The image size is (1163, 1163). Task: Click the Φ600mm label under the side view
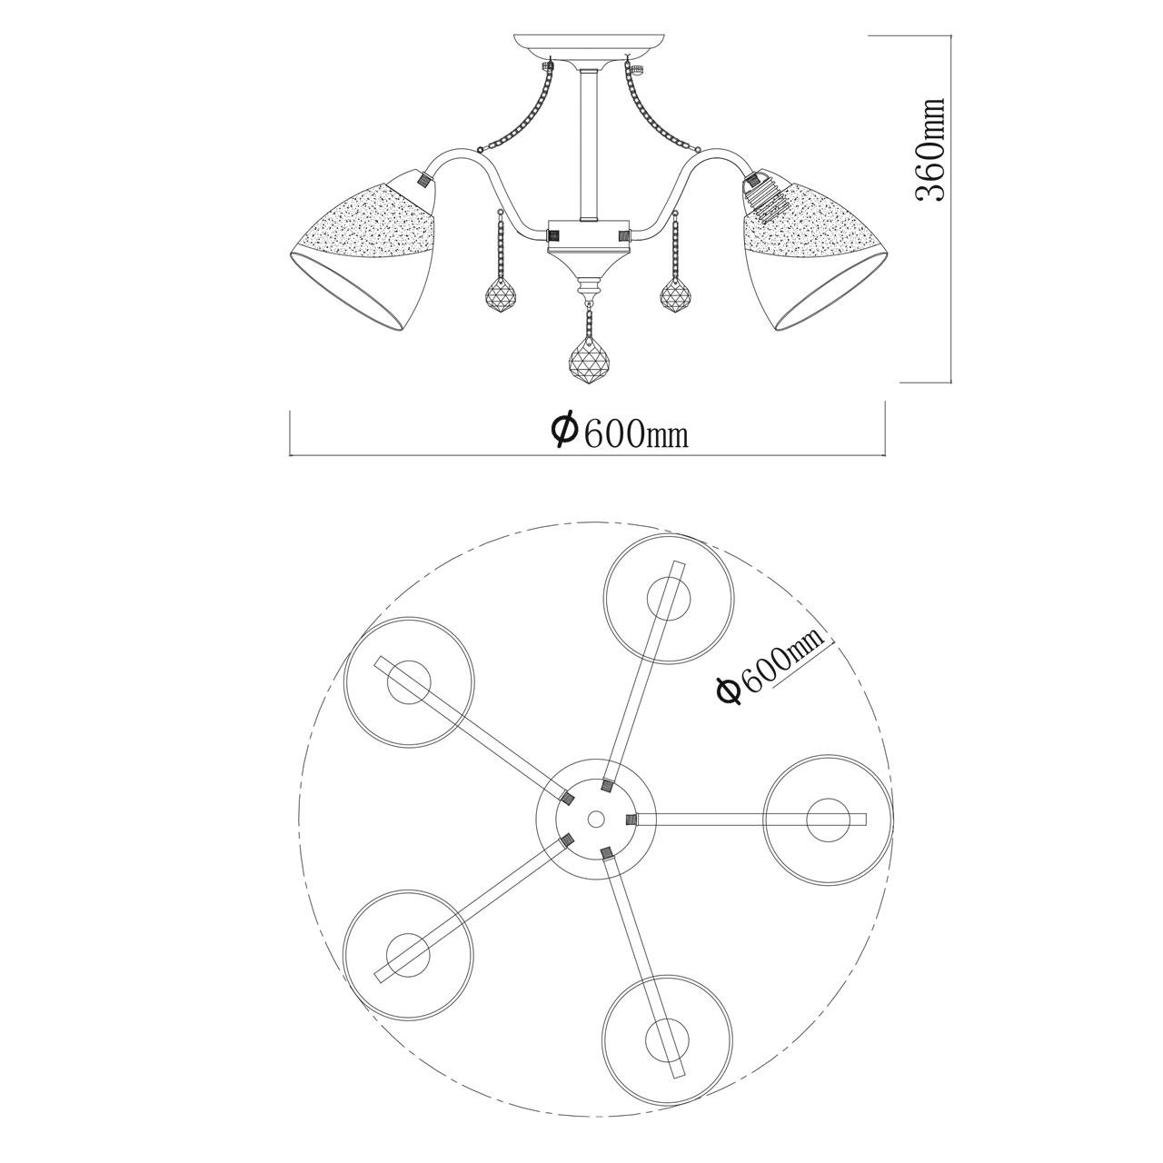[620, 431]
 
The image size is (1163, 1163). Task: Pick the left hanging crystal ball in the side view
[502, 294]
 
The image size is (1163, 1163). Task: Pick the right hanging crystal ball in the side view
[678, 294]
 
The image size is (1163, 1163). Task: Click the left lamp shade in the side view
[364, 250]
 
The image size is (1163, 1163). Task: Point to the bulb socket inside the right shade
[763, 196]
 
